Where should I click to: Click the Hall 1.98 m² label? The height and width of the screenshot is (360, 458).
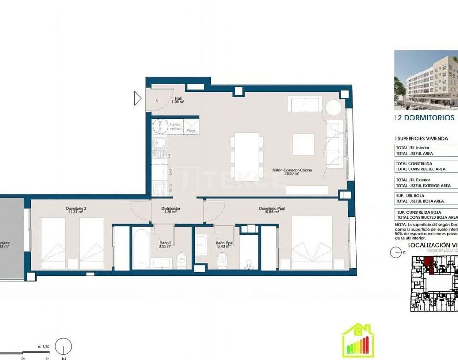click(x=178, y=100)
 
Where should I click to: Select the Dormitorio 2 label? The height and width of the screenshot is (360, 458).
click(x=76, y=210)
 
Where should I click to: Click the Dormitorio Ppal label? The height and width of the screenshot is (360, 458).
click(x=272, y=210)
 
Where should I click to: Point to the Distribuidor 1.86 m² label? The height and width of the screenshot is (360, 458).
click(x=171, y=210)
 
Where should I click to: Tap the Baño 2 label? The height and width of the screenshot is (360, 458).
click(x=166, y=244)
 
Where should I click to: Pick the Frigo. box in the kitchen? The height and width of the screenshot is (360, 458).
click(x=190, y=128)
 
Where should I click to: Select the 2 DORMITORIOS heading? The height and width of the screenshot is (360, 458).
click(x=425, y=118)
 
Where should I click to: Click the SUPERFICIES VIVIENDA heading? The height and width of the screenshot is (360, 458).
click(x=422, y=138)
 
